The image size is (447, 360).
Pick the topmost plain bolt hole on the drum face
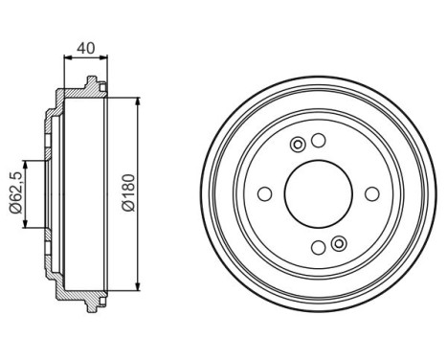pos(319,143)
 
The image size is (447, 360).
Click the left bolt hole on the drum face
pos(265,195)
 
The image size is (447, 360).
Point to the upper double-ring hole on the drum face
pos(298,145)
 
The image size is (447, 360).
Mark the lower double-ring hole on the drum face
pos(338,244)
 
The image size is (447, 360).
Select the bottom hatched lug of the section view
pos(92,302)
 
